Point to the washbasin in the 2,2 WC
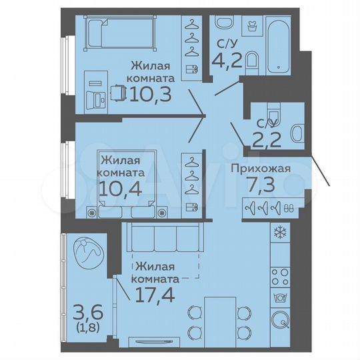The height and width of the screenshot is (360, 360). click(297, 133)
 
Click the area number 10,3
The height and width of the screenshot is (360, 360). click(151, 94)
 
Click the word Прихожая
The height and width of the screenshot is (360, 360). click(261, 168)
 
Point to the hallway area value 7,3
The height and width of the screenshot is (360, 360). click(261, 185)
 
